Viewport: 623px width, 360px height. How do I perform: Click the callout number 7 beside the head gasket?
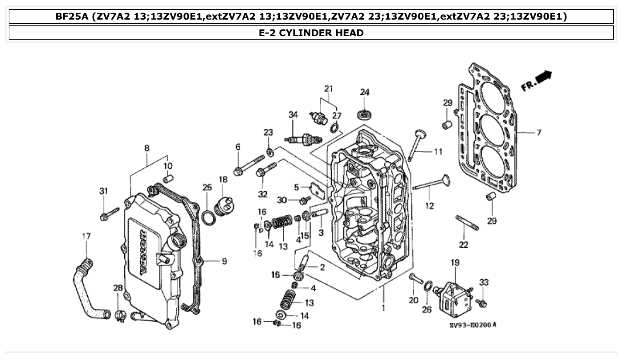coord(538,133)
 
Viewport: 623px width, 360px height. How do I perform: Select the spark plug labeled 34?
coord(304,139)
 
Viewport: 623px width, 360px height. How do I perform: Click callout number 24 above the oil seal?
coord(365,93)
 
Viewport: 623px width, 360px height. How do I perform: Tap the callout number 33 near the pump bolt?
coord(484,282)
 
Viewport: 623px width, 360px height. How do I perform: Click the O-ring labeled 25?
coord(207,217)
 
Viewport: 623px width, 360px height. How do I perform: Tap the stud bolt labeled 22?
coord(467,222)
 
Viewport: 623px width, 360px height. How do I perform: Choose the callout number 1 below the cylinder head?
coord(383,307)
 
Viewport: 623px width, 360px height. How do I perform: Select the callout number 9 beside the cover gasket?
coord(224,261)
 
